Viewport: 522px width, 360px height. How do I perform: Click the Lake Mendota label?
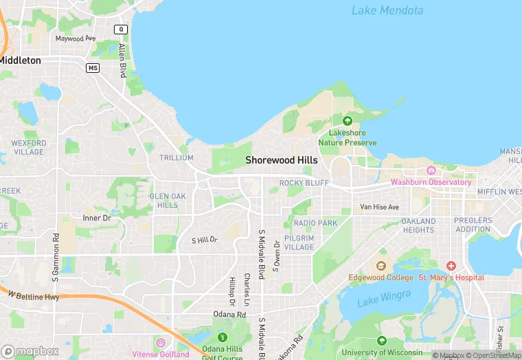387,10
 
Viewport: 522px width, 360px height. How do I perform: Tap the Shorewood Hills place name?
282,160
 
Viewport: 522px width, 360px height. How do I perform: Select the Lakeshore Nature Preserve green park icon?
348,122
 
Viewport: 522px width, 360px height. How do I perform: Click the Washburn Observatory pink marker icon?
431,170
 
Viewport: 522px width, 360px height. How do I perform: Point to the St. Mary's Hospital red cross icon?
451,265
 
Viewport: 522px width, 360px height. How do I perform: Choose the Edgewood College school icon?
381,265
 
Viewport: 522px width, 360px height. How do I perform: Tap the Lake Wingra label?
383,297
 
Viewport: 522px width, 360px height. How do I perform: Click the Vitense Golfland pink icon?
160,343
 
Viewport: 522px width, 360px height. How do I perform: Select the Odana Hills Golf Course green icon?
222,337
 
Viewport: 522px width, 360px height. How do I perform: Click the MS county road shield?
93,67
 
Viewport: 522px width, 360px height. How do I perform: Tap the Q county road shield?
122,29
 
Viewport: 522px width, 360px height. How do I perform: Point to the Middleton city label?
19,60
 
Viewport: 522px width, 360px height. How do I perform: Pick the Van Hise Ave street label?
379,207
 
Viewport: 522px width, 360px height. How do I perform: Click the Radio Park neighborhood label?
315,223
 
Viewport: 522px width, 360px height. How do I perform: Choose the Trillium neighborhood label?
176,157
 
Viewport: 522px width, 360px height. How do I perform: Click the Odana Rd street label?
230,314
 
